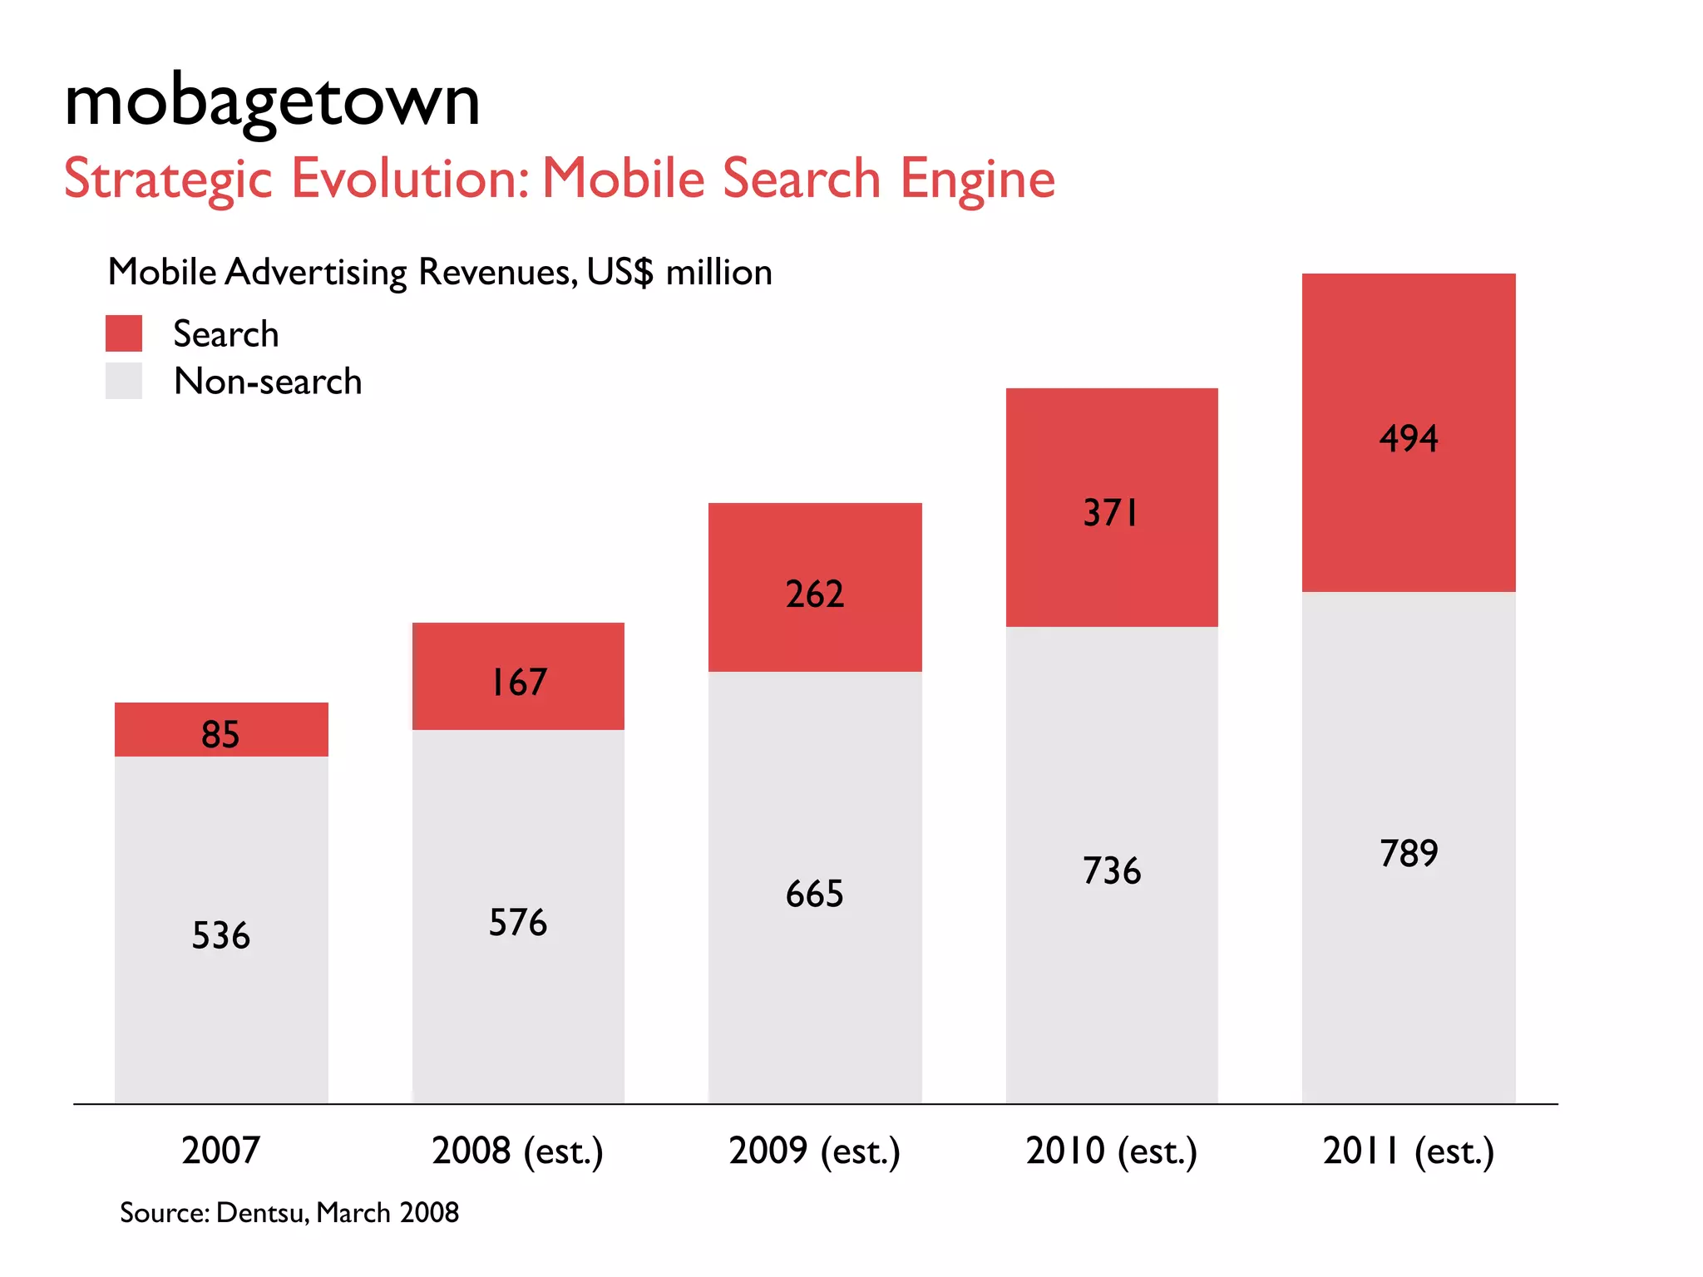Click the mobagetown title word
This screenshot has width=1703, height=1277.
(272, 102)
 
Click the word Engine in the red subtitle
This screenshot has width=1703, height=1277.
(977, 179)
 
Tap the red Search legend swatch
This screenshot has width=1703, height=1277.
(124, 333)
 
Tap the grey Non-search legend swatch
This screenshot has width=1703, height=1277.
(124, 381)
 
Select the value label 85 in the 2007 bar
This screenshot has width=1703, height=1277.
(220, 734)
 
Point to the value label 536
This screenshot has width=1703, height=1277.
(220, 935)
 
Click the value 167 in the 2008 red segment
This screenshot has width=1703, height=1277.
(518, 683)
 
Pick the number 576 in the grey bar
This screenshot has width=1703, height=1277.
(518, 922)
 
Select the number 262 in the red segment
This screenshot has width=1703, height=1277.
(815, 594)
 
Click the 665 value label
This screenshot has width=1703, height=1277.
(815, 894)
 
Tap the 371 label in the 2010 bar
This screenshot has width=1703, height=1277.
(1111, 513)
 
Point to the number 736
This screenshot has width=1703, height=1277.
(1112, 870)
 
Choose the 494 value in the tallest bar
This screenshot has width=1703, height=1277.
(1409, 438)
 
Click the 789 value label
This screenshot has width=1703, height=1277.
(1409, 853)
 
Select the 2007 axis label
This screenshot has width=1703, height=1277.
(220, 1151)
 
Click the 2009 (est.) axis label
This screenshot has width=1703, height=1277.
(815, 1151)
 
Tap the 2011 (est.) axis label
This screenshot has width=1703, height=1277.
(1409, 1151)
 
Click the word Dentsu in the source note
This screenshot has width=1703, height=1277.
(263, 1213)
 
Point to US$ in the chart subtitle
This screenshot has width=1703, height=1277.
(619, 272)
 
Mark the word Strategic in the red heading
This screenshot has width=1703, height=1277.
(168, 179)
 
